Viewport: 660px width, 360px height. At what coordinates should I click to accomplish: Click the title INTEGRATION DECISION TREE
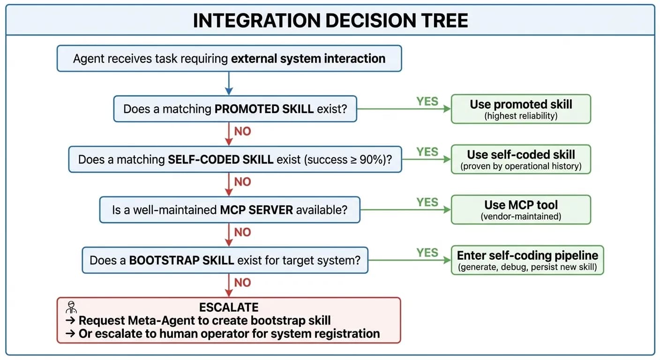tap(330, 21)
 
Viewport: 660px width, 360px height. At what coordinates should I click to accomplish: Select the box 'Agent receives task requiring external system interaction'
tap(229, 59)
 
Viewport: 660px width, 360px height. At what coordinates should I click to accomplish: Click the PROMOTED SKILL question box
tap(235, 109)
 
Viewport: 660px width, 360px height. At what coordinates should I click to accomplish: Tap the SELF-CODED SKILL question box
tap(235, 159)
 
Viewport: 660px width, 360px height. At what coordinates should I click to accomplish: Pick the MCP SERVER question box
tap(229, 210)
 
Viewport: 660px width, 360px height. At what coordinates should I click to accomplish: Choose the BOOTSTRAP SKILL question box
tap(225, 260)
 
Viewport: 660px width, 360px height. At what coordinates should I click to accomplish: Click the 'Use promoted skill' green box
tap(520, 109)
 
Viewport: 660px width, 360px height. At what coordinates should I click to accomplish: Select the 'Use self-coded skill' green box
tap(520, 159)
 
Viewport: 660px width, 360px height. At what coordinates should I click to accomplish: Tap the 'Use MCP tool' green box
tap(520, 210)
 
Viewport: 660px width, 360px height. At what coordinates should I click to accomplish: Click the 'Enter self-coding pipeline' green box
tap(527, 260)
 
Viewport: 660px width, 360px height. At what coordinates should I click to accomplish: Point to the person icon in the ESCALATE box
tap(71, 307)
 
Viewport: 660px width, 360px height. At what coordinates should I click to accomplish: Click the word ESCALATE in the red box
tap(229, 307)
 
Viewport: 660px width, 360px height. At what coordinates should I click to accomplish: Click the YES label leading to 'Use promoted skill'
tap(427, 101)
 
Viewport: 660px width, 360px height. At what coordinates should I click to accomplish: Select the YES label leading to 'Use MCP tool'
tap(427, 202)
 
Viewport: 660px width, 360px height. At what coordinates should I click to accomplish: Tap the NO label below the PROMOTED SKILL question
tap(242, 131)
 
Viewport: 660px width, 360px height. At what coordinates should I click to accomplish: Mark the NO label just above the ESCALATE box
tap(242, 282)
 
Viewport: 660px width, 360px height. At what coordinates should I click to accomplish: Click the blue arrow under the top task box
tap(229, 83)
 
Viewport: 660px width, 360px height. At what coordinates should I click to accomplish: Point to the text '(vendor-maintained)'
tap(520, 217)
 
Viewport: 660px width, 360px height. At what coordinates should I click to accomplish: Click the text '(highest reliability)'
tap(520, 116)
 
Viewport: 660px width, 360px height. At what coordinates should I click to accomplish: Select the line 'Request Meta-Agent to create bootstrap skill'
tap(204, 321)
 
